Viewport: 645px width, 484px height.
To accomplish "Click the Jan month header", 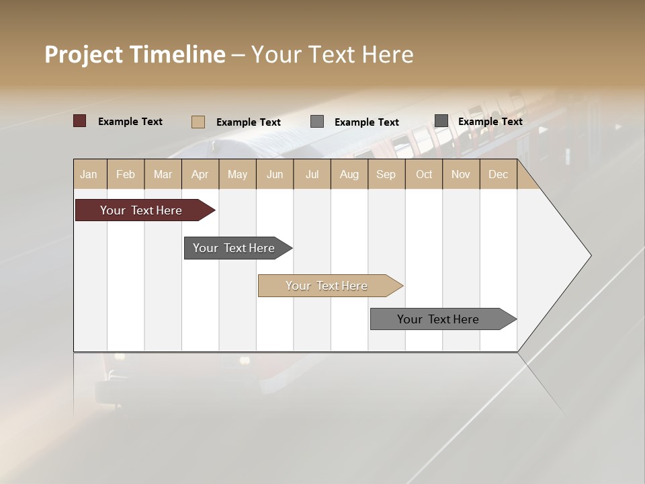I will tap(89, 174).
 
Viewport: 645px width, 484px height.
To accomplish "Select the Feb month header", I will tap(126, 174).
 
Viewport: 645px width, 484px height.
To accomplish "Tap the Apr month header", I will tap(200, 174).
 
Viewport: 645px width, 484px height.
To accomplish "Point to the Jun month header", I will tap(275, 174).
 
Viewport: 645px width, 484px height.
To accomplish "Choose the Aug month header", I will tap(349, 174).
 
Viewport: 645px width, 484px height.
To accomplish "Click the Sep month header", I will tap(386, 174).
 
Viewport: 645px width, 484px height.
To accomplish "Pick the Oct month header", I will tap(424, 174).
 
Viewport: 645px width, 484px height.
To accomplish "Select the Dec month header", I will tap(498, 174).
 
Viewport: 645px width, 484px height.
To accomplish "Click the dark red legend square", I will tap(79, 121).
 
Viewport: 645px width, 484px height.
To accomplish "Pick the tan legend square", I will tap(198, 122).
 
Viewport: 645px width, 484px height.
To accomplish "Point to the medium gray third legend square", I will tap(317, 121).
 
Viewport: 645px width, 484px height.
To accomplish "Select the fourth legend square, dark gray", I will tap(441, 120).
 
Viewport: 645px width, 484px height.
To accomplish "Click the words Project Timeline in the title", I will tap(134, 54).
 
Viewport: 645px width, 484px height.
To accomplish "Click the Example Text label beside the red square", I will tap(130, 122).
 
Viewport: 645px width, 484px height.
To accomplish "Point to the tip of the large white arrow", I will tap(589, 255).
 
